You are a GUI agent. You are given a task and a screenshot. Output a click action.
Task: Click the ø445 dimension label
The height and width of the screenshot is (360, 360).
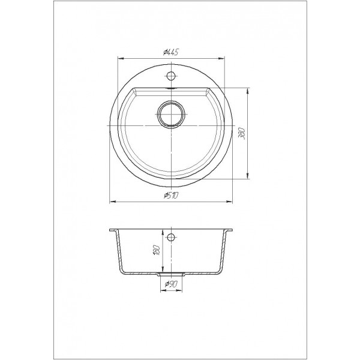point(171,53)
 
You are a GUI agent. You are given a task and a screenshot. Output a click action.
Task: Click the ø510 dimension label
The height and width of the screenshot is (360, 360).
point(171,196)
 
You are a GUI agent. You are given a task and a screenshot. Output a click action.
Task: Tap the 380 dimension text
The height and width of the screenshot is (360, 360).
point(242,133)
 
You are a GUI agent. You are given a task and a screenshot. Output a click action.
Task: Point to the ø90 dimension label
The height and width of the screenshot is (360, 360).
point(171,284)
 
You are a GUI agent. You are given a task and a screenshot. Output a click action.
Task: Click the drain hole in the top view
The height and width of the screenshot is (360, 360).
point(171,114)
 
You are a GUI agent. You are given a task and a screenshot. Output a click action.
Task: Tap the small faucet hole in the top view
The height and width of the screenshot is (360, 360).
point(171,76)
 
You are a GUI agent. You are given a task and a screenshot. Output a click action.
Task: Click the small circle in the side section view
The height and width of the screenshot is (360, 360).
point(171,237)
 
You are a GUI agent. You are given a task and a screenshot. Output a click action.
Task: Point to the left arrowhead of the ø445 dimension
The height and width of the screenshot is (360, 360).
point(121,59)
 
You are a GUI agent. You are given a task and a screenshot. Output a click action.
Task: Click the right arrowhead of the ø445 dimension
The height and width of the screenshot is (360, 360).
point(221,59)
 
